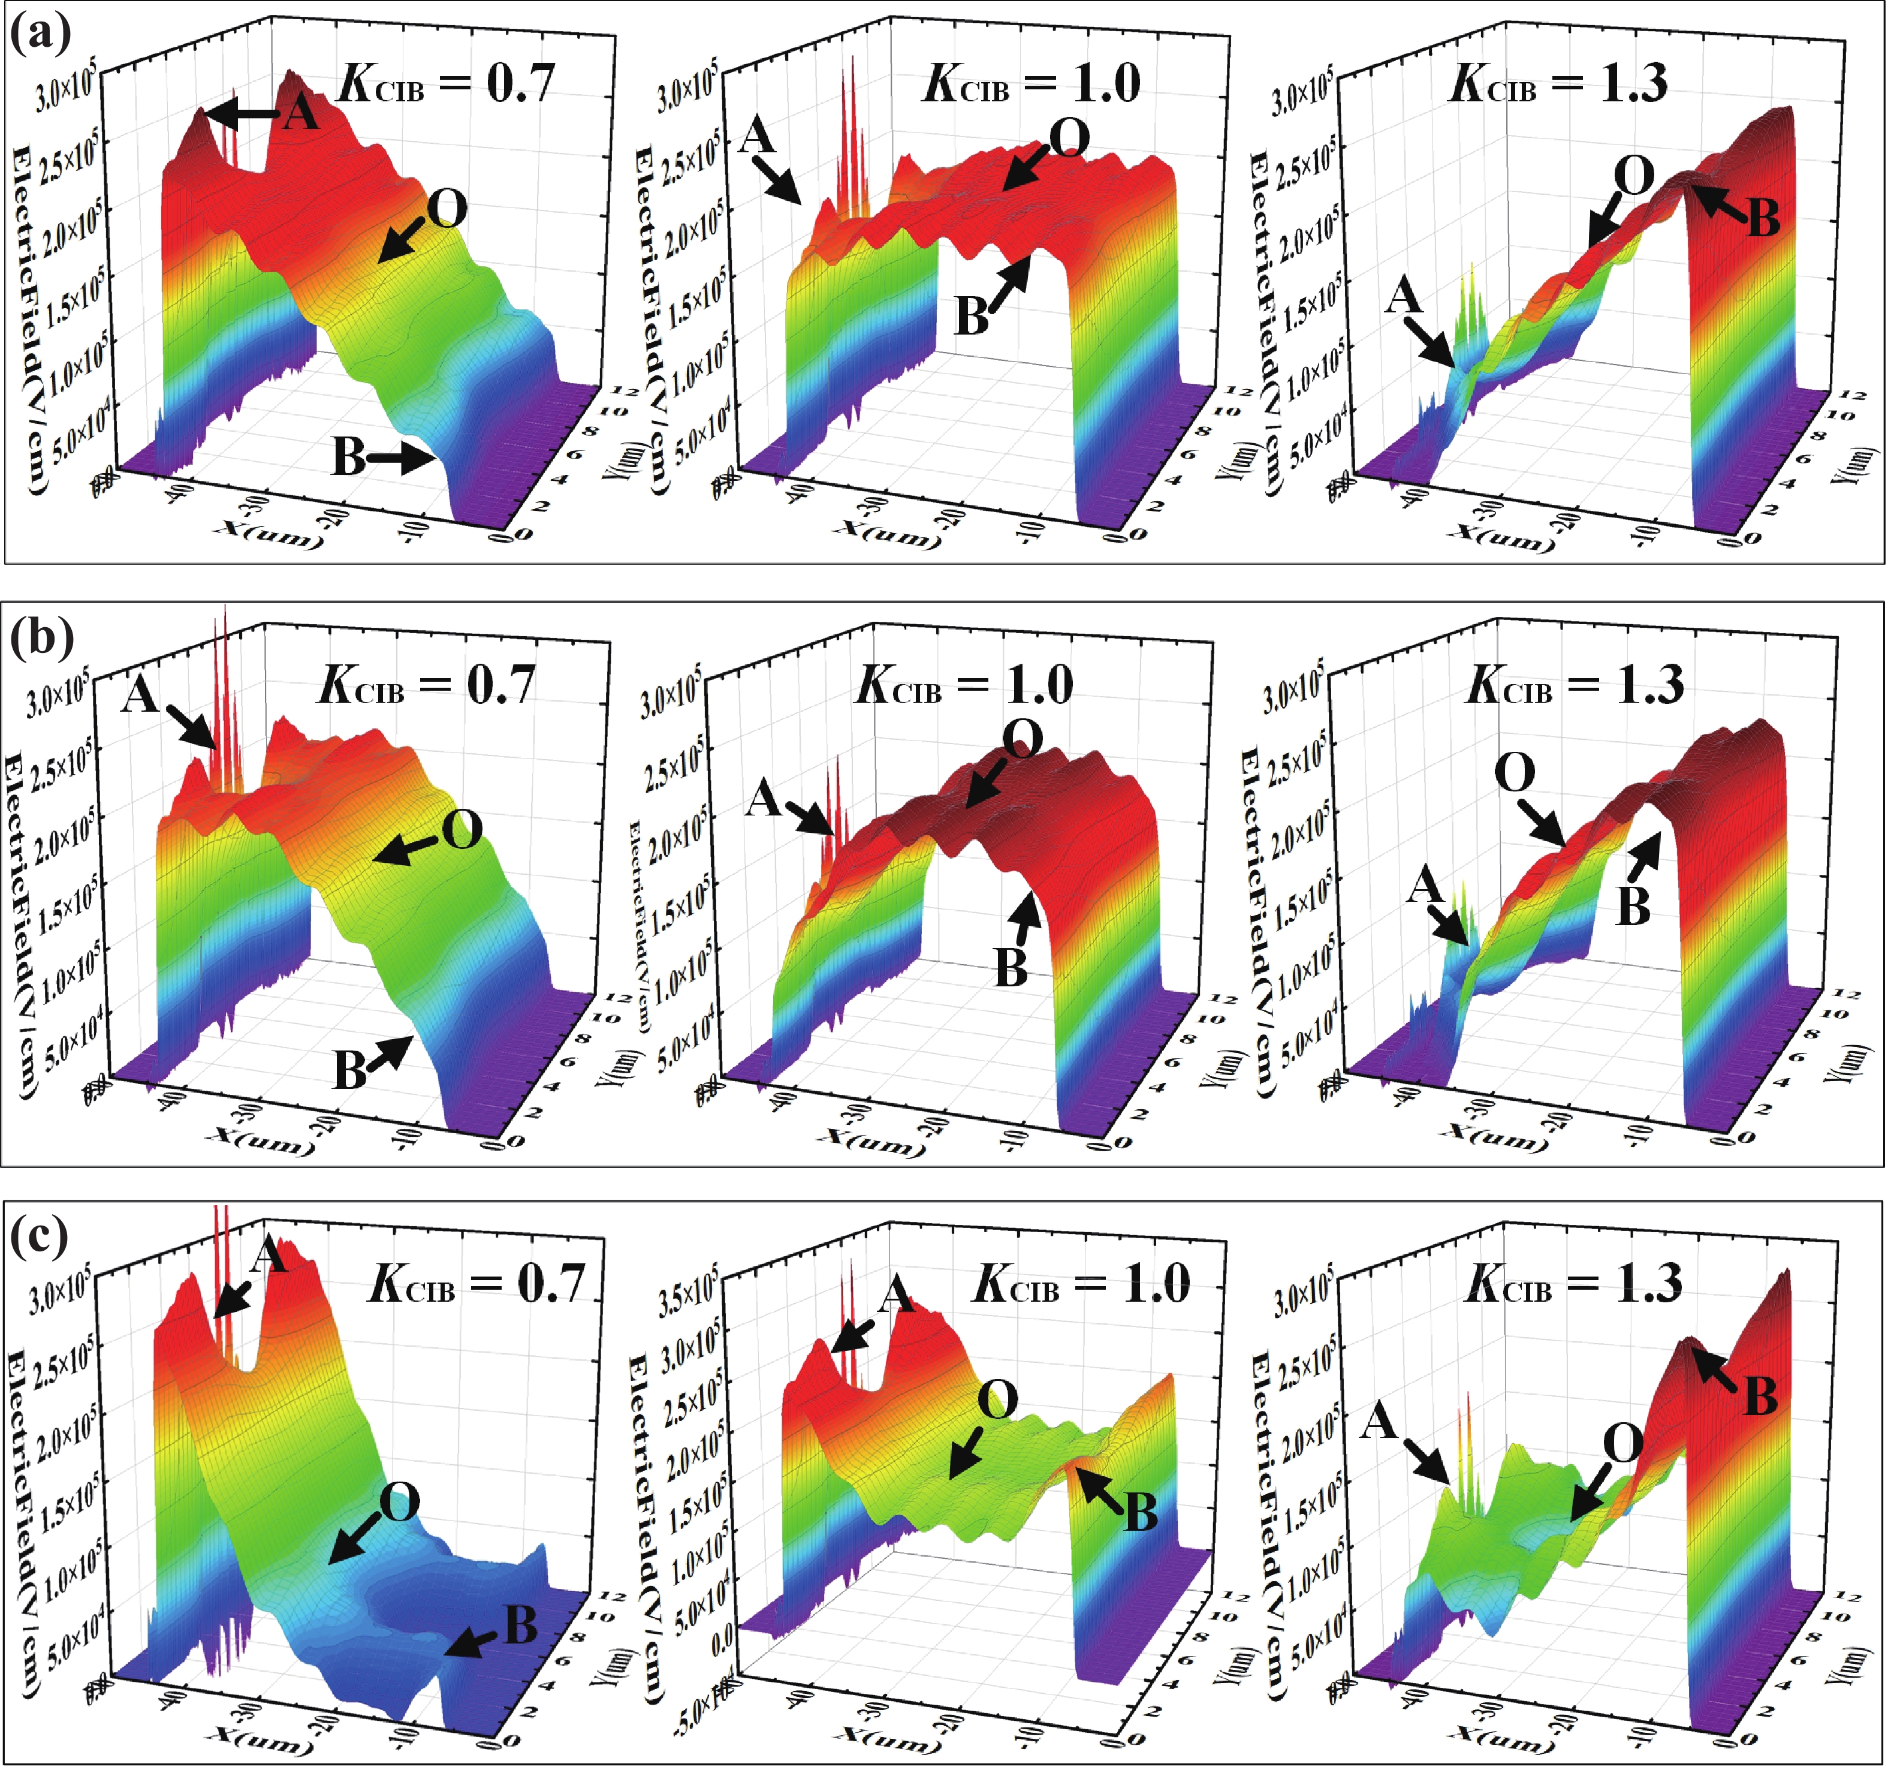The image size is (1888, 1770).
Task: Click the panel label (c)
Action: coord(40,1235)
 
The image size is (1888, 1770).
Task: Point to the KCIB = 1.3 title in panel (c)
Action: coord(1575,1284)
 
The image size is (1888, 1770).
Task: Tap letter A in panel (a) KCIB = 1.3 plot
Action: coord(1404,297)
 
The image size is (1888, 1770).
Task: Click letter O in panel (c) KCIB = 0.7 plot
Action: coord(400,1503)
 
